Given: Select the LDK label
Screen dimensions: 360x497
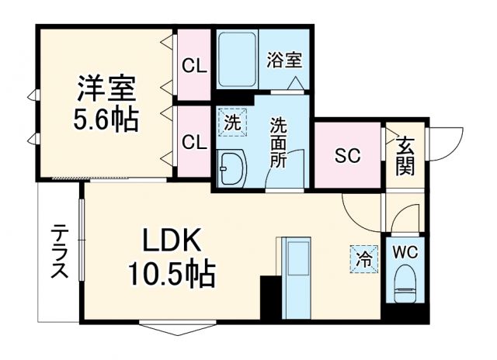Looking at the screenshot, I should [x=172, y=242].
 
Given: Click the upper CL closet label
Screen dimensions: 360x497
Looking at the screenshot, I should [x=194, y=66].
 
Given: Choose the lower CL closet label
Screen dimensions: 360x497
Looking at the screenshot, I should [x=194, y=142].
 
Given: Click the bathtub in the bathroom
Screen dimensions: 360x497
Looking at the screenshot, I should [x=236, y=61].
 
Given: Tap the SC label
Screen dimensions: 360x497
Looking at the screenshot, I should [x=348, y=155].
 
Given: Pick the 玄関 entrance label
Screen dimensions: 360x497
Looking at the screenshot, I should [x=405, y=155].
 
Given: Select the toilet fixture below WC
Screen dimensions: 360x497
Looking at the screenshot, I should [x=405, y=285].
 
